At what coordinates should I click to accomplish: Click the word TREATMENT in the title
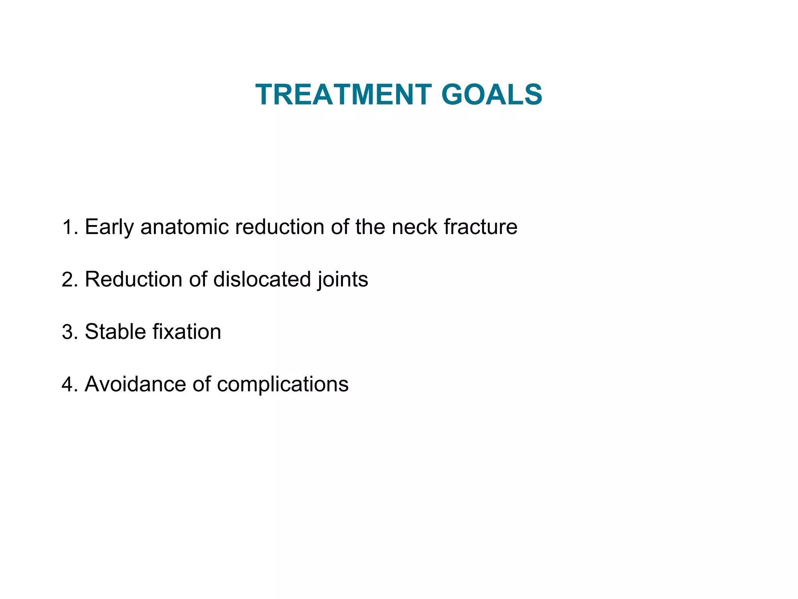point(343,95)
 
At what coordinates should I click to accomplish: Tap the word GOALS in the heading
point(491,95)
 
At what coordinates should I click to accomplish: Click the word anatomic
point(184,227)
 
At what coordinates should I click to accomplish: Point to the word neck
point(414,227)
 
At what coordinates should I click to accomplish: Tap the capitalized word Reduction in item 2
point(134,280)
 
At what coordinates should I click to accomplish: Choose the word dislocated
point(262,280)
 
